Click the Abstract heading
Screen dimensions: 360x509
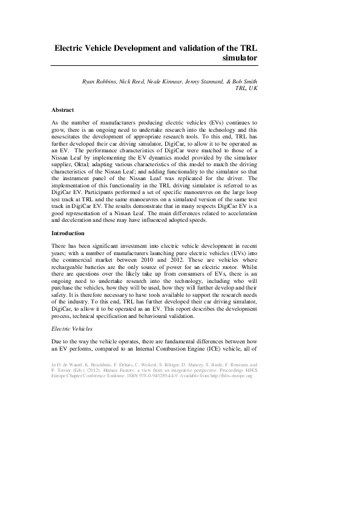(63, 110)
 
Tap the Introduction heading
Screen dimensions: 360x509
(68, 250)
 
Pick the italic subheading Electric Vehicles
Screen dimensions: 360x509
(73, 329)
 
